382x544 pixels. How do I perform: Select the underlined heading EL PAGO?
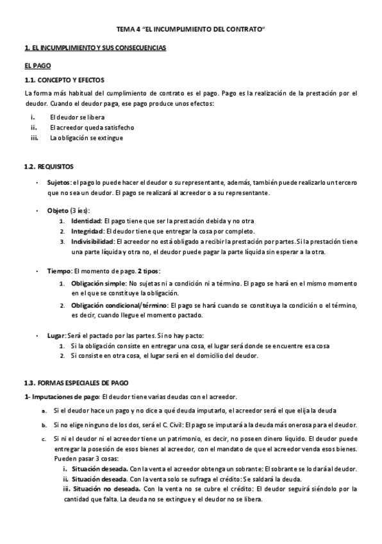click(37, 66)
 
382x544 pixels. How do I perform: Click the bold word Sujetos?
click(59, 183)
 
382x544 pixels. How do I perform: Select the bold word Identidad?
click(86, 221)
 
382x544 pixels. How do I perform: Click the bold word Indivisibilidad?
click(93, 242)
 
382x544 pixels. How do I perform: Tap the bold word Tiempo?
click(59, 270)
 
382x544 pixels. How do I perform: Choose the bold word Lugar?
click(56, 336)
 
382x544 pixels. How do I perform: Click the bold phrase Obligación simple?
click(97, 282)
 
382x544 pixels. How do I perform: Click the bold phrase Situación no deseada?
click(106, 489)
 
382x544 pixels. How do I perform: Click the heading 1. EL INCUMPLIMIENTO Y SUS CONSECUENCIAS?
click(94, 49)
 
